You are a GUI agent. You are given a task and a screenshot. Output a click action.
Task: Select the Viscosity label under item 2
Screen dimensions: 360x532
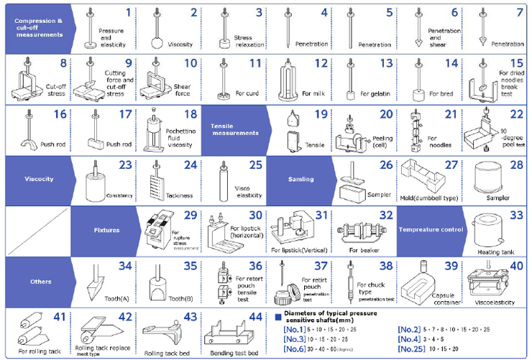180,45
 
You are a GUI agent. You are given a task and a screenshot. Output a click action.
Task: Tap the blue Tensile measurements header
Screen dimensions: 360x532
234,132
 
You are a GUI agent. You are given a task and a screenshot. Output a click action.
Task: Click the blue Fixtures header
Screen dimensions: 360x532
106,231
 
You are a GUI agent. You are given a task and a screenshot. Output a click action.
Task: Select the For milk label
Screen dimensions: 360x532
314,93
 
